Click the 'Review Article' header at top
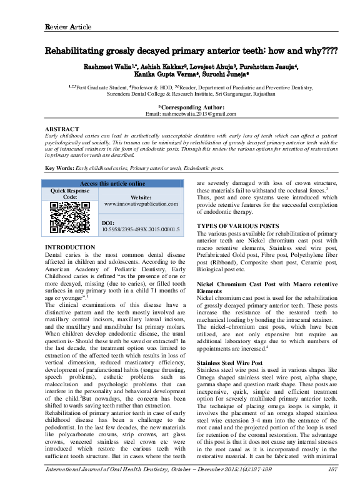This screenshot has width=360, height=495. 68,27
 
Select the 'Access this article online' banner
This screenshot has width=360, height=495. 112,184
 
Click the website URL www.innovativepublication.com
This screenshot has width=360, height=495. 141,204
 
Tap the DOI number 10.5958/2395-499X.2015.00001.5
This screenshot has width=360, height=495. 140,230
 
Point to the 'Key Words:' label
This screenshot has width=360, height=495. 61,169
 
